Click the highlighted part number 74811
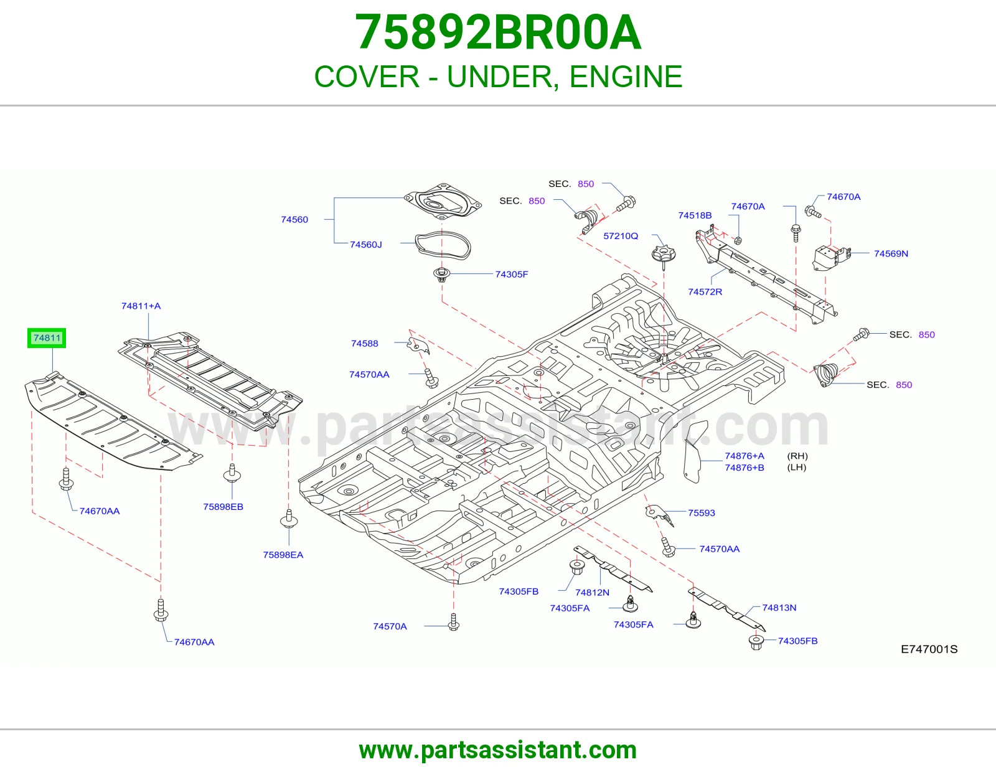pos(47,338)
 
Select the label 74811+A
pos(141,306)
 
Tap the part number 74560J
pos(366,244)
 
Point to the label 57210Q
pos(621,235)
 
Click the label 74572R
pos(705,291)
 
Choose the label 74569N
pos(891,253)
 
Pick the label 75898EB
pos(223,507)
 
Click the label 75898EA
pos(283,555)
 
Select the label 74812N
pos(592,592)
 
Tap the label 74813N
pos(779,608)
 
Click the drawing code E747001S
pos(929,649)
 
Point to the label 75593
pos(702,512)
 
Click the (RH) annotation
pos(797,456)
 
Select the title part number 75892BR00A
pos(498,32)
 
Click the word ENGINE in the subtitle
pos(626,76)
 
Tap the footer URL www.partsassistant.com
pos(498,750)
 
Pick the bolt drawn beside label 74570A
pos(453,622)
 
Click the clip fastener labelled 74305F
pos(442,275)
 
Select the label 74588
pos(364,344)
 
